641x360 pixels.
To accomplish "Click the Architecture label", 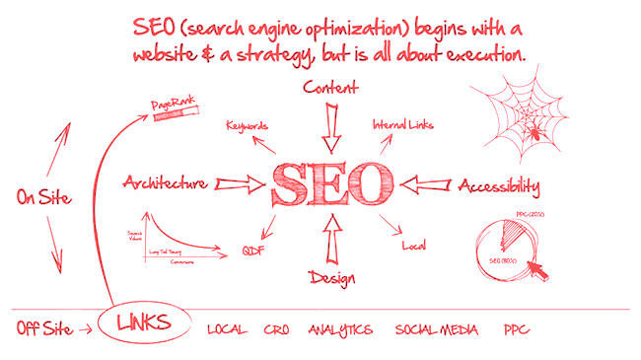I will tap(165, 182).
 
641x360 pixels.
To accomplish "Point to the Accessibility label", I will tap(498, 184).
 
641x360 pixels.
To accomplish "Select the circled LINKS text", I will tap(144, 324).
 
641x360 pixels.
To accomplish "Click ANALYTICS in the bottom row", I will tap(339, 328).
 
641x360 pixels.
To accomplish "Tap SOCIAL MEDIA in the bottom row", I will tap(437, 328).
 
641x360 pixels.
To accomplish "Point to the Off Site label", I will tap(43, 327).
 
